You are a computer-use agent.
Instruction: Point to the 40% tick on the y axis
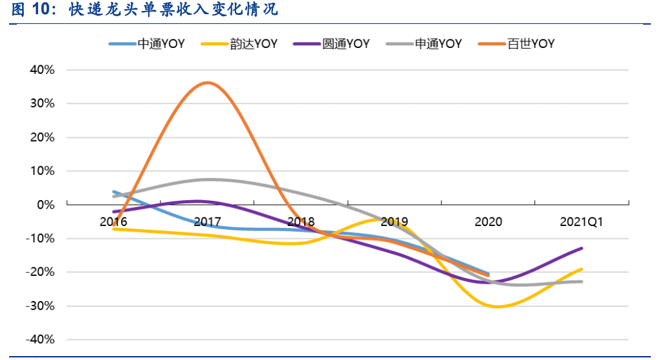tap(42, 70)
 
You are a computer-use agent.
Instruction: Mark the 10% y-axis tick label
tap(42, 171)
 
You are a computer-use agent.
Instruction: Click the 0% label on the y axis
tap(45, 205)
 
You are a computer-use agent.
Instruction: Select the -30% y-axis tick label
tap(40, 306)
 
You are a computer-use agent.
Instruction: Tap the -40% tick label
tap(40, 339)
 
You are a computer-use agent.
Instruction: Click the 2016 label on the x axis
tap(113, 221)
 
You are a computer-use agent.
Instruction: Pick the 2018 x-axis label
tap(301, 221)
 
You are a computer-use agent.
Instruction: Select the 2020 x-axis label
tap(488, 221)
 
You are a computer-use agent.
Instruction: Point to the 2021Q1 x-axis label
tap(582, 221)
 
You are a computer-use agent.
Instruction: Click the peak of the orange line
tap(207, 83)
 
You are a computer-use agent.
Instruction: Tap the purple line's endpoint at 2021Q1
tap(582, 248)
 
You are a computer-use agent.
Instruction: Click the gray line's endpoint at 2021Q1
tap(582, 282)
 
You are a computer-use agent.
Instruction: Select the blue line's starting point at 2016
tap(114, 192)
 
